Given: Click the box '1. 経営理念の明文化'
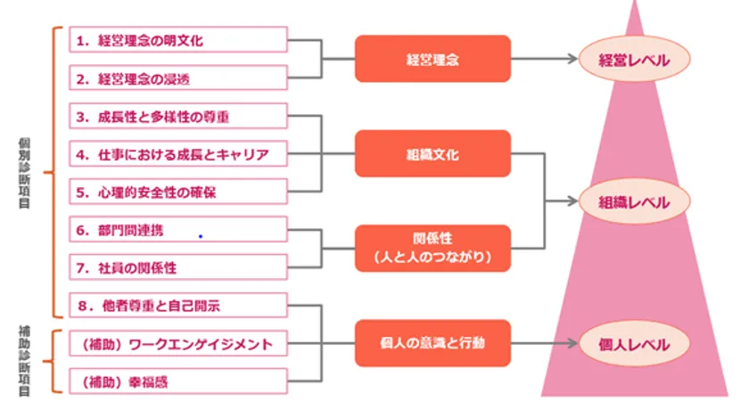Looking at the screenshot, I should click(x=178, y=40).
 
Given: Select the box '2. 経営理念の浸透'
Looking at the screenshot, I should click(x=178, y=78).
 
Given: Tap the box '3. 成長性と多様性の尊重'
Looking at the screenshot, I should click(x=178, y=117).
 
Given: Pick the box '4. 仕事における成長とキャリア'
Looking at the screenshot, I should click(x=178, y=154).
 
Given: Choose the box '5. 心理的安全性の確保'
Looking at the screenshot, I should click(x=178, y=192).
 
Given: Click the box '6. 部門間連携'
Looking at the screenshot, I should click(x=178, y=230).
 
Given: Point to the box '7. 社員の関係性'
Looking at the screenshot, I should click(x=178, y=267).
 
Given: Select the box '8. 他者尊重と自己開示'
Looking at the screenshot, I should click(x=178, y=306).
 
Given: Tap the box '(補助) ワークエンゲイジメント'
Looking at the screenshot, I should click(x=178, y=343).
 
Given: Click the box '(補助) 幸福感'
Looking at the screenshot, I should click(x=178, y=381).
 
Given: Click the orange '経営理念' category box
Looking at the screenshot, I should click(x=432, y=59).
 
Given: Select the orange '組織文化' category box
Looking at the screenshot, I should click(x=432, y=154).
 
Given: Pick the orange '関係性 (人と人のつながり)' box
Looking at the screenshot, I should click(x=432, y=249).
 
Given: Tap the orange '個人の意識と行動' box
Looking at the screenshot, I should click(x=432, y=343).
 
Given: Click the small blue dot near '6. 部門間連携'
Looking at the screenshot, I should click(x=201, y=236).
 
